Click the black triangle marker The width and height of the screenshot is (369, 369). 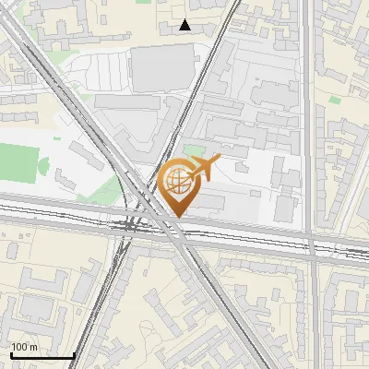click(185, 25)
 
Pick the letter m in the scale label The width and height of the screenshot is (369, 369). click(34, 347)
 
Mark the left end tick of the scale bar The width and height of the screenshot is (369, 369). click(10, 355)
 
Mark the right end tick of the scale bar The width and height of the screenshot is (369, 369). click(74, 355)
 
